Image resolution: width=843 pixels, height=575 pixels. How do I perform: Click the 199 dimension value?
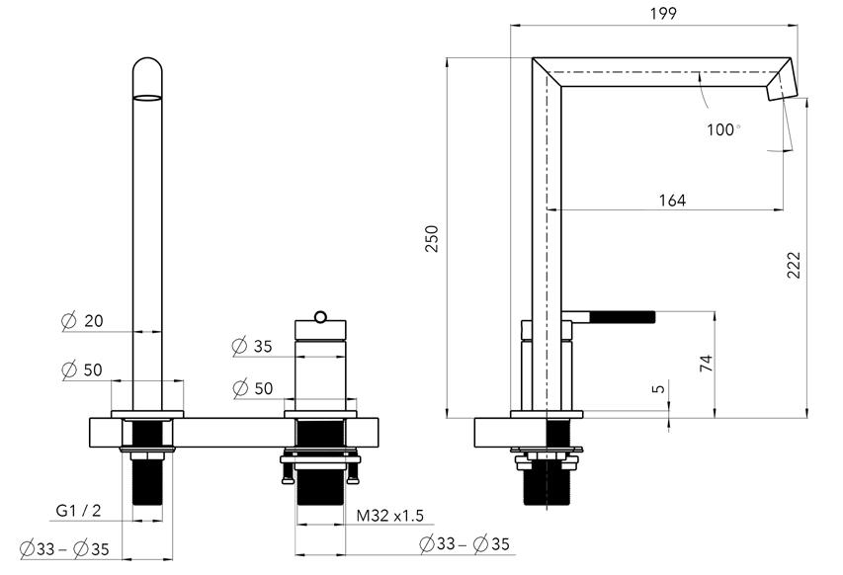(663, 13)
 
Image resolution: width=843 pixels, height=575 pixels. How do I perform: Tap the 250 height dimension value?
(432, 239)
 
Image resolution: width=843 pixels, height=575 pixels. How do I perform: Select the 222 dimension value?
(794, 265)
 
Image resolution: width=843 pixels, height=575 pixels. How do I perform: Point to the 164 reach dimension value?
(672, 200)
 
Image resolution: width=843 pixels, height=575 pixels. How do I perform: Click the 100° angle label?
(723, 129)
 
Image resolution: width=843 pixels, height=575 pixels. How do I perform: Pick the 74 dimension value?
(706, 364)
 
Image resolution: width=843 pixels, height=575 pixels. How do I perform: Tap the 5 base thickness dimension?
(658, 388)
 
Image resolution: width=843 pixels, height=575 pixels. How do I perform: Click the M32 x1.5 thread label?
(389, 516)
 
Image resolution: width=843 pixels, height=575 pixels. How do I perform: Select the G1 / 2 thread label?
(78, 510)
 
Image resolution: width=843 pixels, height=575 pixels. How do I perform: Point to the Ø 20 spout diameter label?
(82, 321)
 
